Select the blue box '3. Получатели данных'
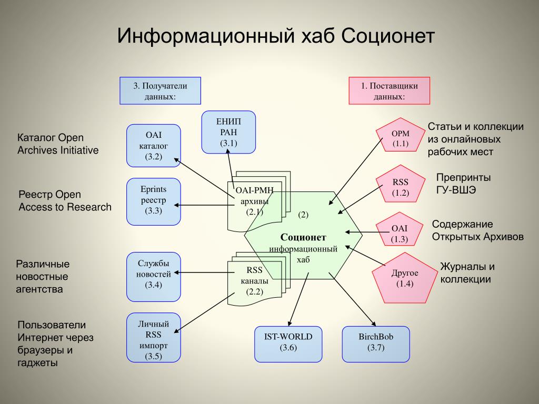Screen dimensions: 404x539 [160, 90]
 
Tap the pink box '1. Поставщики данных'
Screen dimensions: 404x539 [390, 90]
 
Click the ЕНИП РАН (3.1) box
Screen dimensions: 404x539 [229, 132]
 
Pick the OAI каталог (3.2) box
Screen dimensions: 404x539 [153, 146]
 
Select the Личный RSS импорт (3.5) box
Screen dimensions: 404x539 [153, 337]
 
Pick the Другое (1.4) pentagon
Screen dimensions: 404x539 [405, 278]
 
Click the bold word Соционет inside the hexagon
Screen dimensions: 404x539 [303, 237]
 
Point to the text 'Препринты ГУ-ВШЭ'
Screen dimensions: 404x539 [463, 183]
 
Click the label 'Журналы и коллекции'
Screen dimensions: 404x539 [467, 273]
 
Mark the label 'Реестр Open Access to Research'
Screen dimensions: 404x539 [65, 200]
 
